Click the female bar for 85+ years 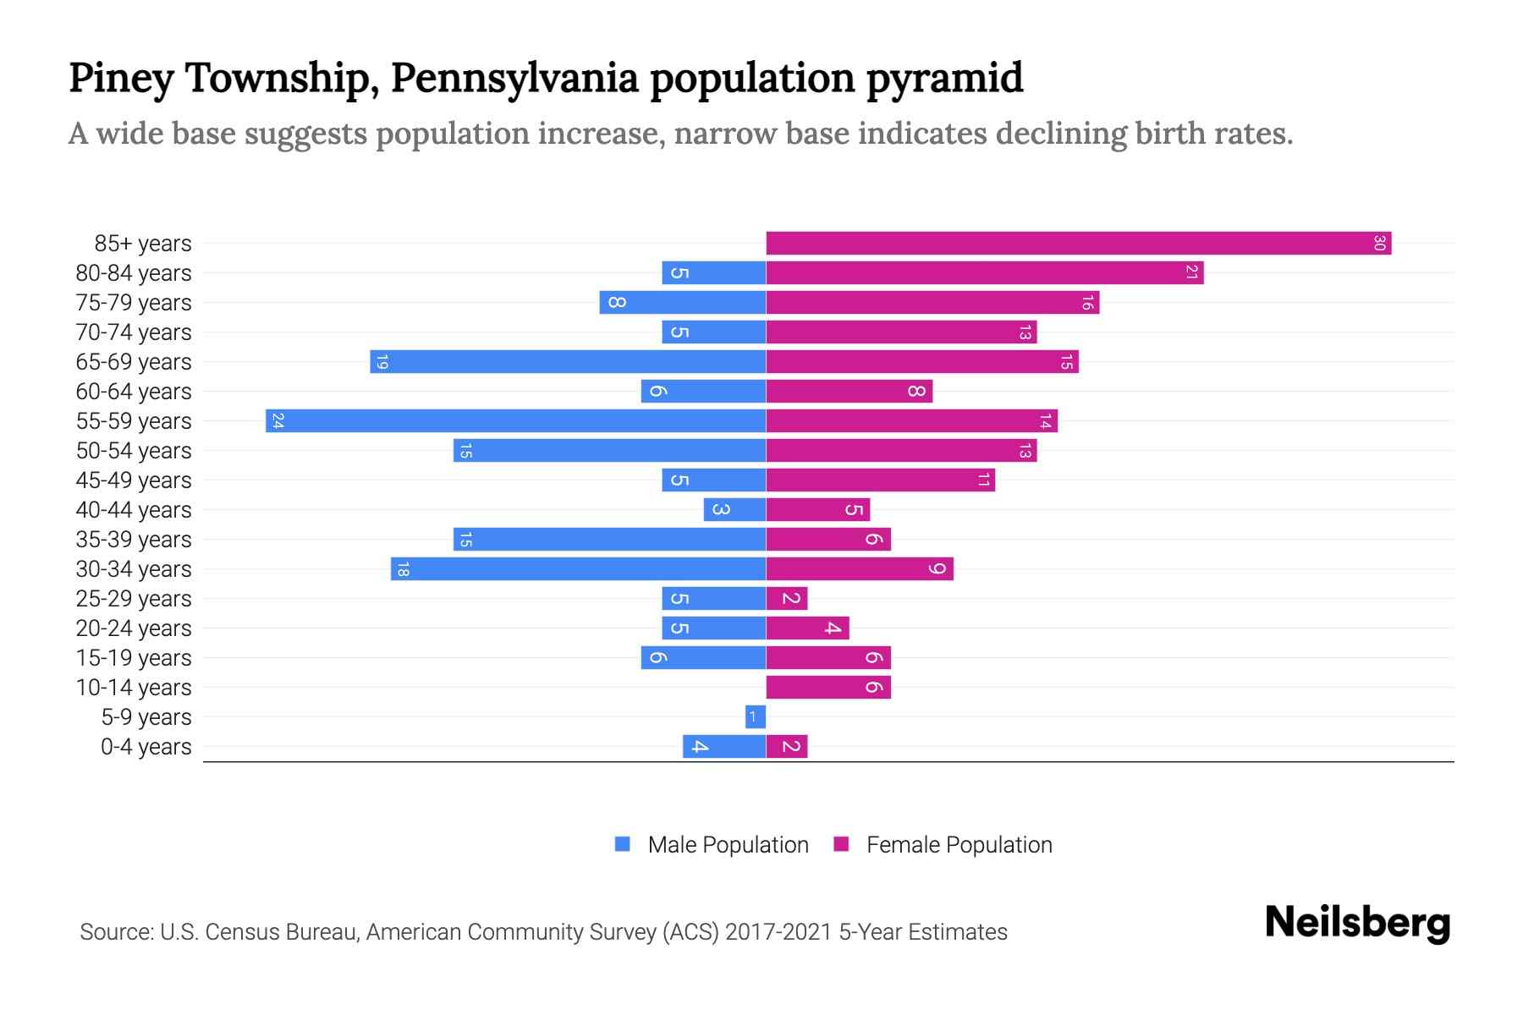tap(1079, 244)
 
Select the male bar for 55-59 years tap(515, 421)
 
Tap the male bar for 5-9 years tap(756, 717)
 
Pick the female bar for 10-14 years tap(828, 688)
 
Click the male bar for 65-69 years tap(568, 362)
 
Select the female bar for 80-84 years tap(985, 273)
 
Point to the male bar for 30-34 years tap(578, 569)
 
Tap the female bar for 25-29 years tap(787, 599)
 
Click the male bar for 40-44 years tap(734, 510)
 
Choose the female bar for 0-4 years tap(787, 747)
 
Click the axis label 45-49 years tap(134, 480)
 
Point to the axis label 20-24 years tap(134, 628)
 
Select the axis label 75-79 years tap(134, 303)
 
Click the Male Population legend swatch tap(623, 844)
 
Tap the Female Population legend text tap(959, 845)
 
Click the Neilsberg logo tap(1357, 924)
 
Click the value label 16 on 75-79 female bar tap(1086, 303)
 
